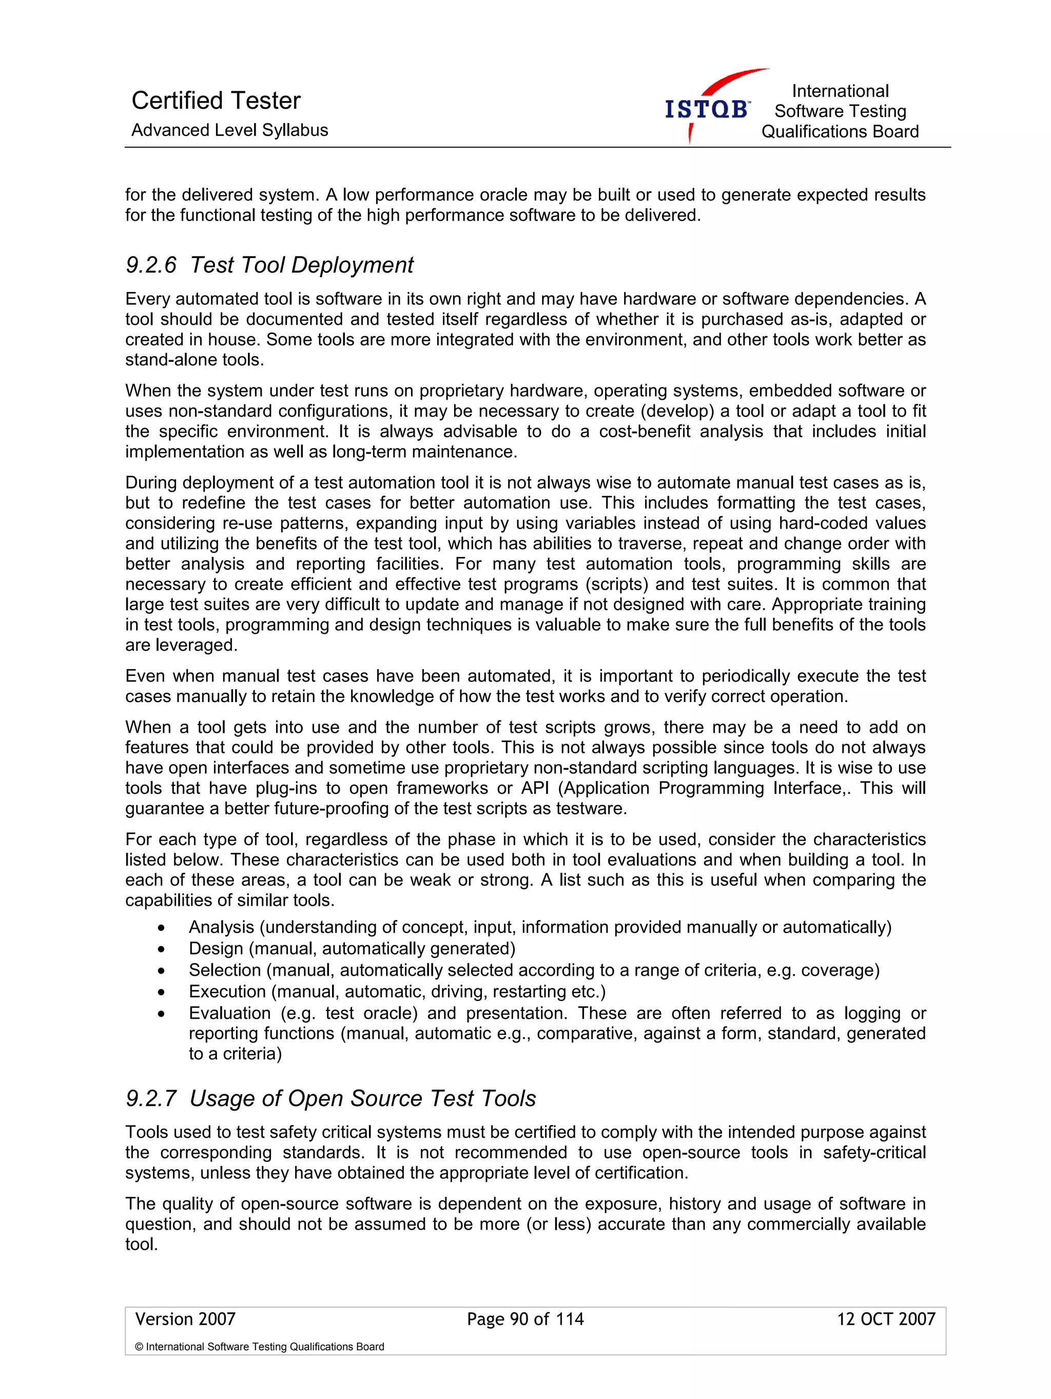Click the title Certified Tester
[216, 101]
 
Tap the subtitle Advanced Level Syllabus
[229, 130]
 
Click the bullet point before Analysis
[162, 928]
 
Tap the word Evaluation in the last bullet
[229, 1013]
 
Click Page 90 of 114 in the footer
[525, 1319]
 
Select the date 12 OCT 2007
[885, 1319]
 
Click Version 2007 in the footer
[185, 1319]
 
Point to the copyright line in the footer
[259, 1347]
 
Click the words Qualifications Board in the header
[839, 131]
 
